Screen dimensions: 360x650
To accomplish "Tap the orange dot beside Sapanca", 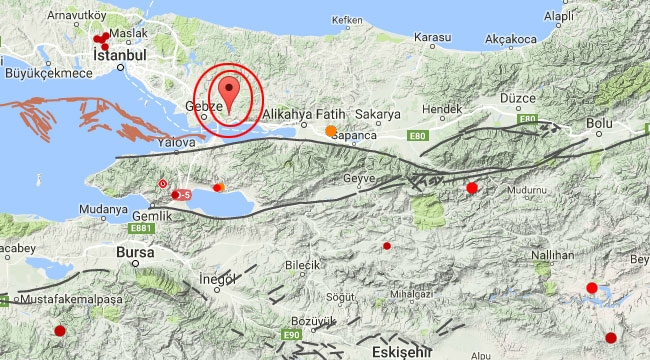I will point(331,130).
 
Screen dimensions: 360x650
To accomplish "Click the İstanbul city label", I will point(120,57).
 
